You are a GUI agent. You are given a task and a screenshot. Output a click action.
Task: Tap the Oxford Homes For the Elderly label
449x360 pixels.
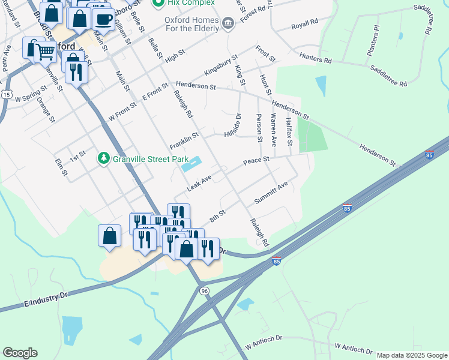tap(192, 23)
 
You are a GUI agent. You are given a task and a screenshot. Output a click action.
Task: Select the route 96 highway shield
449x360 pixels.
tap(205, 290)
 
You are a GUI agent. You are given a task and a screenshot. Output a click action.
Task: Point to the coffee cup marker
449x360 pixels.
tap(103, 19)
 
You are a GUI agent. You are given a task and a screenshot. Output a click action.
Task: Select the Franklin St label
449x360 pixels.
tap(183, 142)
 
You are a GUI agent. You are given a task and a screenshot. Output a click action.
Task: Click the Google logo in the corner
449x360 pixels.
tap(20, 353)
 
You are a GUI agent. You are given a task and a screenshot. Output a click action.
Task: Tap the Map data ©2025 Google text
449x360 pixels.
tap(412, 355)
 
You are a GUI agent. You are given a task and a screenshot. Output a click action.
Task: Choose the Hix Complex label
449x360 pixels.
tap(190, 3)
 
